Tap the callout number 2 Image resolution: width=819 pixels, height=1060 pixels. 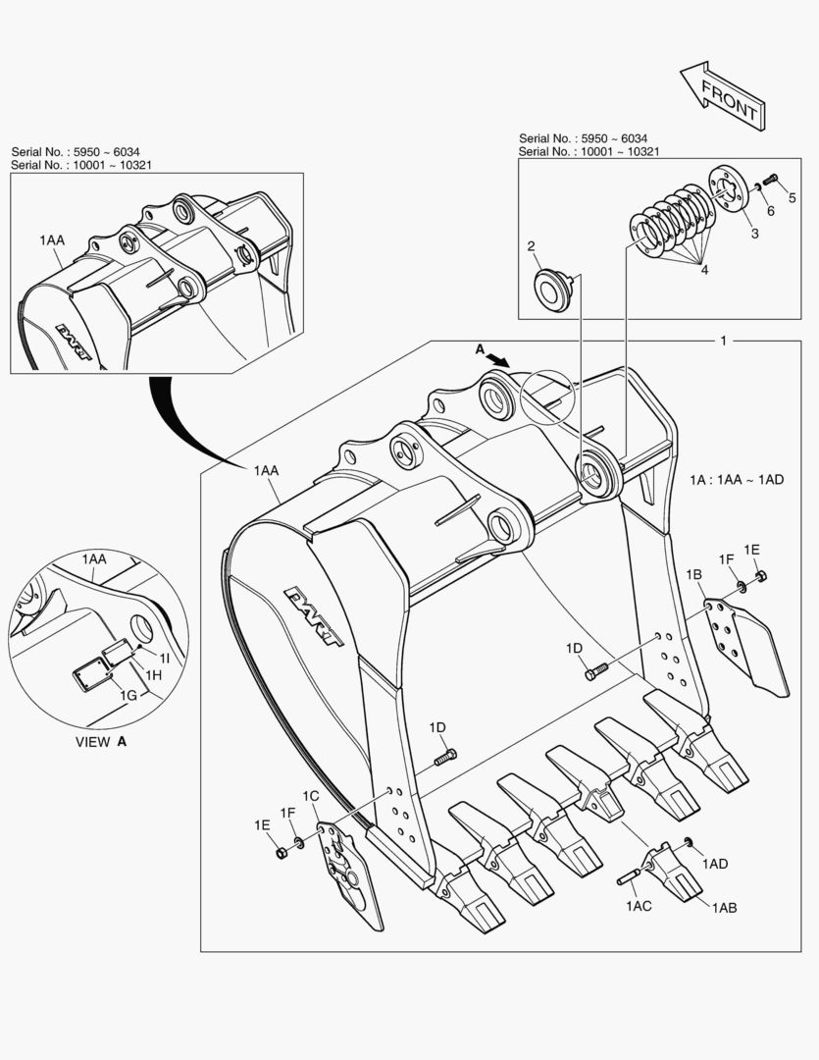[x=531, y=246]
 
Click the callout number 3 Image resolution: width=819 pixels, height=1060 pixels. [x=754, y=234]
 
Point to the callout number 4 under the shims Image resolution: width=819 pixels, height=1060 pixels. [x=703, y=270]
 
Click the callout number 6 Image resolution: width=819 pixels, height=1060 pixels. [x=770, y=211]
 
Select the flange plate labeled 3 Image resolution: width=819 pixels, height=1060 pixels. [x=728, y=189]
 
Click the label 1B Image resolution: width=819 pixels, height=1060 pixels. [x=693, y=574]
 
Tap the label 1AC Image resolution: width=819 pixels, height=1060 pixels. [x=639, y=906]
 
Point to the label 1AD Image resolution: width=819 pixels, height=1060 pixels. [x=715, y=864]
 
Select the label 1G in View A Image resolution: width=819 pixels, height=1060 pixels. [x=128, y=695]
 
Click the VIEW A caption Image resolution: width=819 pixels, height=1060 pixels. [x=101, y=742]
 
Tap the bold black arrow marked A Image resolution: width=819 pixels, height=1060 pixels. [x=499, y=360]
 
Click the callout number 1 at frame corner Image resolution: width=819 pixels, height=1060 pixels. [x=723, y=341]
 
